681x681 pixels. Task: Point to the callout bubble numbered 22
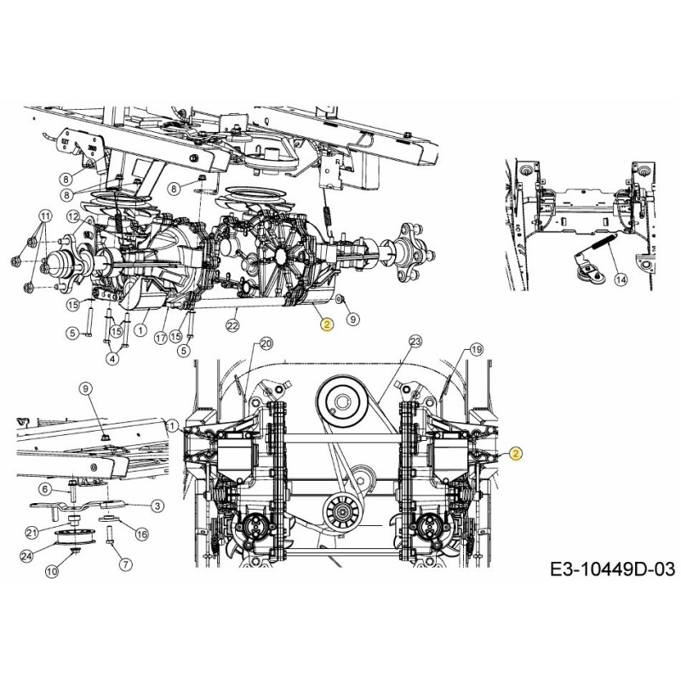pos(232,325)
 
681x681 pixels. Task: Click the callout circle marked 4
pos(112,358)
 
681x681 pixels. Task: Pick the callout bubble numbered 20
pos(266,344)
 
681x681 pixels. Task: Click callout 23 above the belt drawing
pos(415,341)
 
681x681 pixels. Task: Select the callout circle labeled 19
pos(476,350)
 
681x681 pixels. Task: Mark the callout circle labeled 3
pos(158,506)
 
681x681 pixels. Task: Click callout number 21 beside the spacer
pos(31,532)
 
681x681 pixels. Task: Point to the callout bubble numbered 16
pos(141,534)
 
